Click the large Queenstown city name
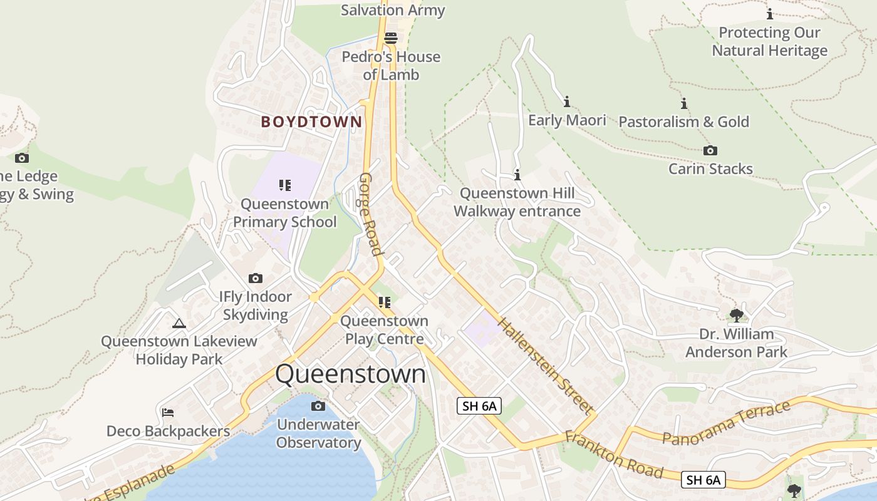pos(350,374)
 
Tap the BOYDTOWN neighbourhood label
pos(311,121)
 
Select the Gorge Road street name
pos(370,214)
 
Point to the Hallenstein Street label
pos(546,366)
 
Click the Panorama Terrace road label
pos(726,423)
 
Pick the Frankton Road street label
pos(613,454)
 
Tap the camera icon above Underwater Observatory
pos(318,406)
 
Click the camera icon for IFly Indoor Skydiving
pos(256,278)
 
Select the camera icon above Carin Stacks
pos(710,150)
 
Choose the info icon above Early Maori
pos(567,101)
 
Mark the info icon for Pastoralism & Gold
pos(684,103)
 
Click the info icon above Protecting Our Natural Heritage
pos(770,14)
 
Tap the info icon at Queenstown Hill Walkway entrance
pos(517,175)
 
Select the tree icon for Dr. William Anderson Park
pos(737,315)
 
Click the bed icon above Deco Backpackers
pos(168,412)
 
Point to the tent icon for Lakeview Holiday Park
pos(179,323)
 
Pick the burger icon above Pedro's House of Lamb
pos(392,38)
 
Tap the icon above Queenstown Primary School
pos(285,185)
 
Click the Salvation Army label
pos(393,10)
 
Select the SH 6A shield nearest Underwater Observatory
pos(479,406)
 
